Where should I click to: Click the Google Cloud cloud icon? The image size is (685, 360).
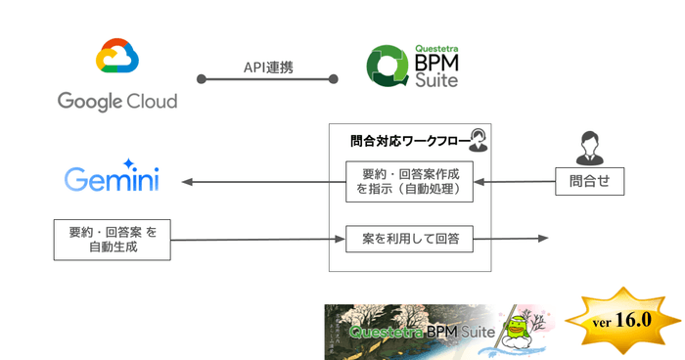(116, 60)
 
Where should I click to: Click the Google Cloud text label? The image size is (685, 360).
(117, 102)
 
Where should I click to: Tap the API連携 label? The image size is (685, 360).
(267, 67)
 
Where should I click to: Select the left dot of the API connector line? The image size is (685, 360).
(200, 77)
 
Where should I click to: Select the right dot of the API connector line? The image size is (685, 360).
(333, 77)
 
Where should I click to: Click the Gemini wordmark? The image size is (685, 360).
(112, 181)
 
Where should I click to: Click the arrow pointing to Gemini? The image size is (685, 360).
(259, 182)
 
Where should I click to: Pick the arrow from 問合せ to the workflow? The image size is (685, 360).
(514, 182)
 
